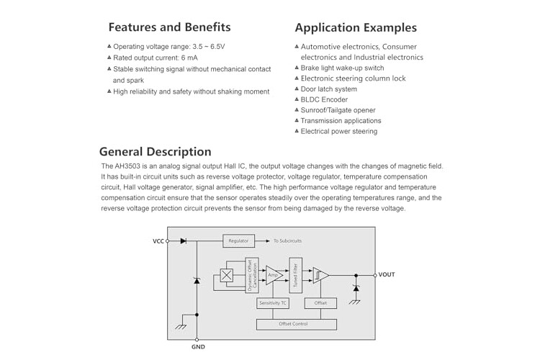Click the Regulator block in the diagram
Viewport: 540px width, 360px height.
click(238, 240)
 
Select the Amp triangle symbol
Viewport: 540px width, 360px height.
click(274, 275)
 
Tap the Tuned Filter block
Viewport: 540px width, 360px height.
click(295, 275)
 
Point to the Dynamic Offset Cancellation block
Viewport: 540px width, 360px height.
click(252, 275)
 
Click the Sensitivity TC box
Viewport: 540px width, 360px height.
click(272, 303)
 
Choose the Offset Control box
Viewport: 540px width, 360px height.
click(297, 324)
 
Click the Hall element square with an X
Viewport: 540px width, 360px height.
click(226, 275)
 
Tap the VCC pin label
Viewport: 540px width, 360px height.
click(158, 241)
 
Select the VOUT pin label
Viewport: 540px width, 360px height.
click(387, 274)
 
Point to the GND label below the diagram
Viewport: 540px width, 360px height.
click(198, 347)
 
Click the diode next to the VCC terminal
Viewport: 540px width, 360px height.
click(183, 240)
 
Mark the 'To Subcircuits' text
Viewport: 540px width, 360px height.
click(287, 240)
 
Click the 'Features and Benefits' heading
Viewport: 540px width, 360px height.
click(169, 27)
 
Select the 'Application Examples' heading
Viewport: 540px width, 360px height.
click(356, 27)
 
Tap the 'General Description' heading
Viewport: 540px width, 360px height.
click(156, 152)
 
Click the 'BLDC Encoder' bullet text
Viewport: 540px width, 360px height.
click(324, 99)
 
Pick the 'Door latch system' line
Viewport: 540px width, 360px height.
click(328, 89)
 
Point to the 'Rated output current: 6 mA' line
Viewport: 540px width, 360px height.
click(156, 58)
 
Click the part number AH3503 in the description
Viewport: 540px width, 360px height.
click(127, 166)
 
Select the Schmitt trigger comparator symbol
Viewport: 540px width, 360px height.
click(320, 275)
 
